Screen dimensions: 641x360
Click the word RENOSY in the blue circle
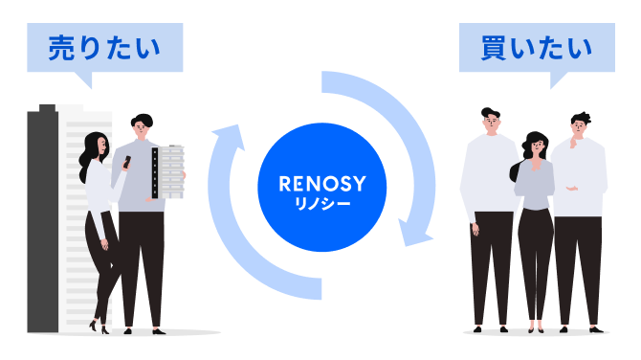322,184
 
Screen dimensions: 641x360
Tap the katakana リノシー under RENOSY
322,204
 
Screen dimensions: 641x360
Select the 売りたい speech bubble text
104,48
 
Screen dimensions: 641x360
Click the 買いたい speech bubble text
537,48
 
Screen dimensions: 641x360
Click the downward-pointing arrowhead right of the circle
414,234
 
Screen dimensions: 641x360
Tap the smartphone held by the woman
127,162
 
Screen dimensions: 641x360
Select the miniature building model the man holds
168,171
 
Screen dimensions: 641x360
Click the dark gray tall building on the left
43,219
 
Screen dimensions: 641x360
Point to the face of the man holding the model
141,129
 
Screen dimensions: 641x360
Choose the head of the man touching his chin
581,124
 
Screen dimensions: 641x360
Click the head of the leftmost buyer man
491,121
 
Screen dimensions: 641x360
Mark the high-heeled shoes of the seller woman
99,326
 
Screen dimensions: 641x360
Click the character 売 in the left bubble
62,48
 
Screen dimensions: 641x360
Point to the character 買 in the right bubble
495,48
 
